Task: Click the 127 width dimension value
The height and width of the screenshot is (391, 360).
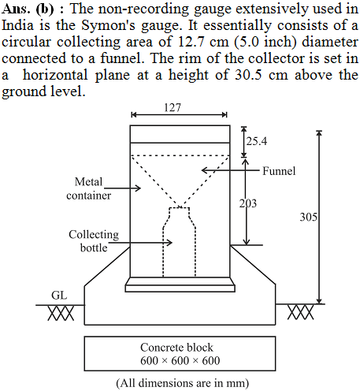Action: click(x=173, y=107)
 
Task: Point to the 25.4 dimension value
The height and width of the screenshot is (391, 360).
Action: click(x=257, y=141)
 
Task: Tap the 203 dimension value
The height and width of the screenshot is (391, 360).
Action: click(x=248, y=203)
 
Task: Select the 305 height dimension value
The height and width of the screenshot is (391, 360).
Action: click(x=309, y=217)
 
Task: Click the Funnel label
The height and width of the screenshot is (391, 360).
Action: click(x=279, y=171)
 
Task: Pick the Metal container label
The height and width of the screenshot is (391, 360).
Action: click(x=89, y=188)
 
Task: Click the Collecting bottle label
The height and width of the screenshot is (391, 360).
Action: click(x=94, y=241)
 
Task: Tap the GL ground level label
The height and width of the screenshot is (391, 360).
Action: click(x=59, y=296)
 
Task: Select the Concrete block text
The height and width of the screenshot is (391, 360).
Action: click(x=176, y=348)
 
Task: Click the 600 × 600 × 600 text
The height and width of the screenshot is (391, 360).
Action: click(x=180, y=360)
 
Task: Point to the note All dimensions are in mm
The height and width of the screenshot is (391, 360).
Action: click(x=183, y=383)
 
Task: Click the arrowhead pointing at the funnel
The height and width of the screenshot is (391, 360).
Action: click(x=204, y=170)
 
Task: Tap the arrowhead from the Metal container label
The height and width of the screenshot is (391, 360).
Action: click(x=138, y=188)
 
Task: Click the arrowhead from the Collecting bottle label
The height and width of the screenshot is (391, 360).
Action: click(x=169, y=242)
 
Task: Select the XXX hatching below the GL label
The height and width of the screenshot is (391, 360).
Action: click(x=61, y=313)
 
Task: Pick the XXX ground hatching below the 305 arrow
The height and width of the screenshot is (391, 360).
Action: click(x=300, y=312)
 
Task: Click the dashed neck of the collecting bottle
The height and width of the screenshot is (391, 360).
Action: click(x=180, y=214)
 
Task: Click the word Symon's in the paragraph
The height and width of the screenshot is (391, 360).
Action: click(x=109, y=25)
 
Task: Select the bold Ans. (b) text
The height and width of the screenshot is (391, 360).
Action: click(x=28, y=9)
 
